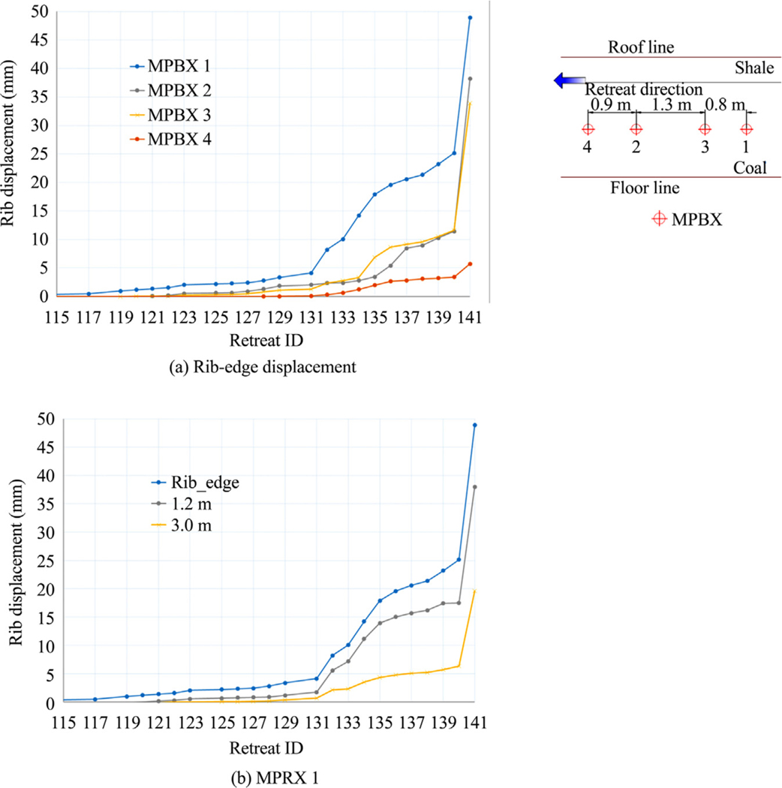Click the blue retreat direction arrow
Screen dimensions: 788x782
pyautogui.click(x=565, y=81)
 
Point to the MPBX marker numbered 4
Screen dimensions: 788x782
pyautogui.click(x=588, y=129)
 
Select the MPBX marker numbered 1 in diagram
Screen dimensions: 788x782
pyautogui.click(x=745, y=129)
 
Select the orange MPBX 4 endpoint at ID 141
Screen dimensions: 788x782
pyautogui.click(x=470, y=263)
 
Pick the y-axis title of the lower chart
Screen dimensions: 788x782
pyautogui.click(x=16, y=561)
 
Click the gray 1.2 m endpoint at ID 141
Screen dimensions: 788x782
pyautogui.click(x=475, y=487)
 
